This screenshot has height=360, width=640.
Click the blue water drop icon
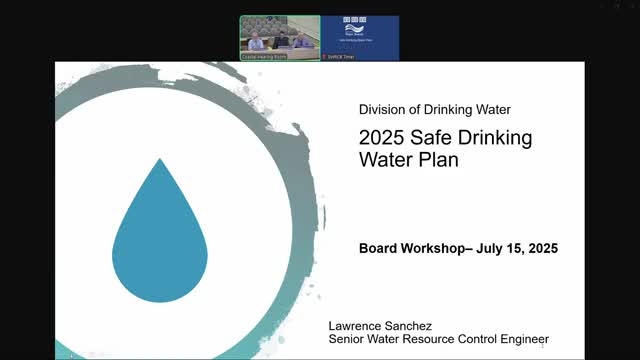pyautogui.click(x=160, y=235)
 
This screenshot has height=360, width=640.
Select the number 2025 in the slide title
pyautogui.click(x=381, y=138)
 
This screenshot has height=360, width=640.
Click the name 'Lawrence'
pyautogui.click(x=360, y=326)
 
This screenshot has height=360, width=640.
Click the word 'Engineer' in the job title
pyautogui.click(x=520, y=340)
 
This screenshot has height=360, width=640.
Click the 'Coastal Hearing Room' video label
pyautogui.click(x=264, y=57)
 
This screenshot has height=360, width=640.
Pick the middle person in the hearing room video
pyautogui.click(x=281, y=40)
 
